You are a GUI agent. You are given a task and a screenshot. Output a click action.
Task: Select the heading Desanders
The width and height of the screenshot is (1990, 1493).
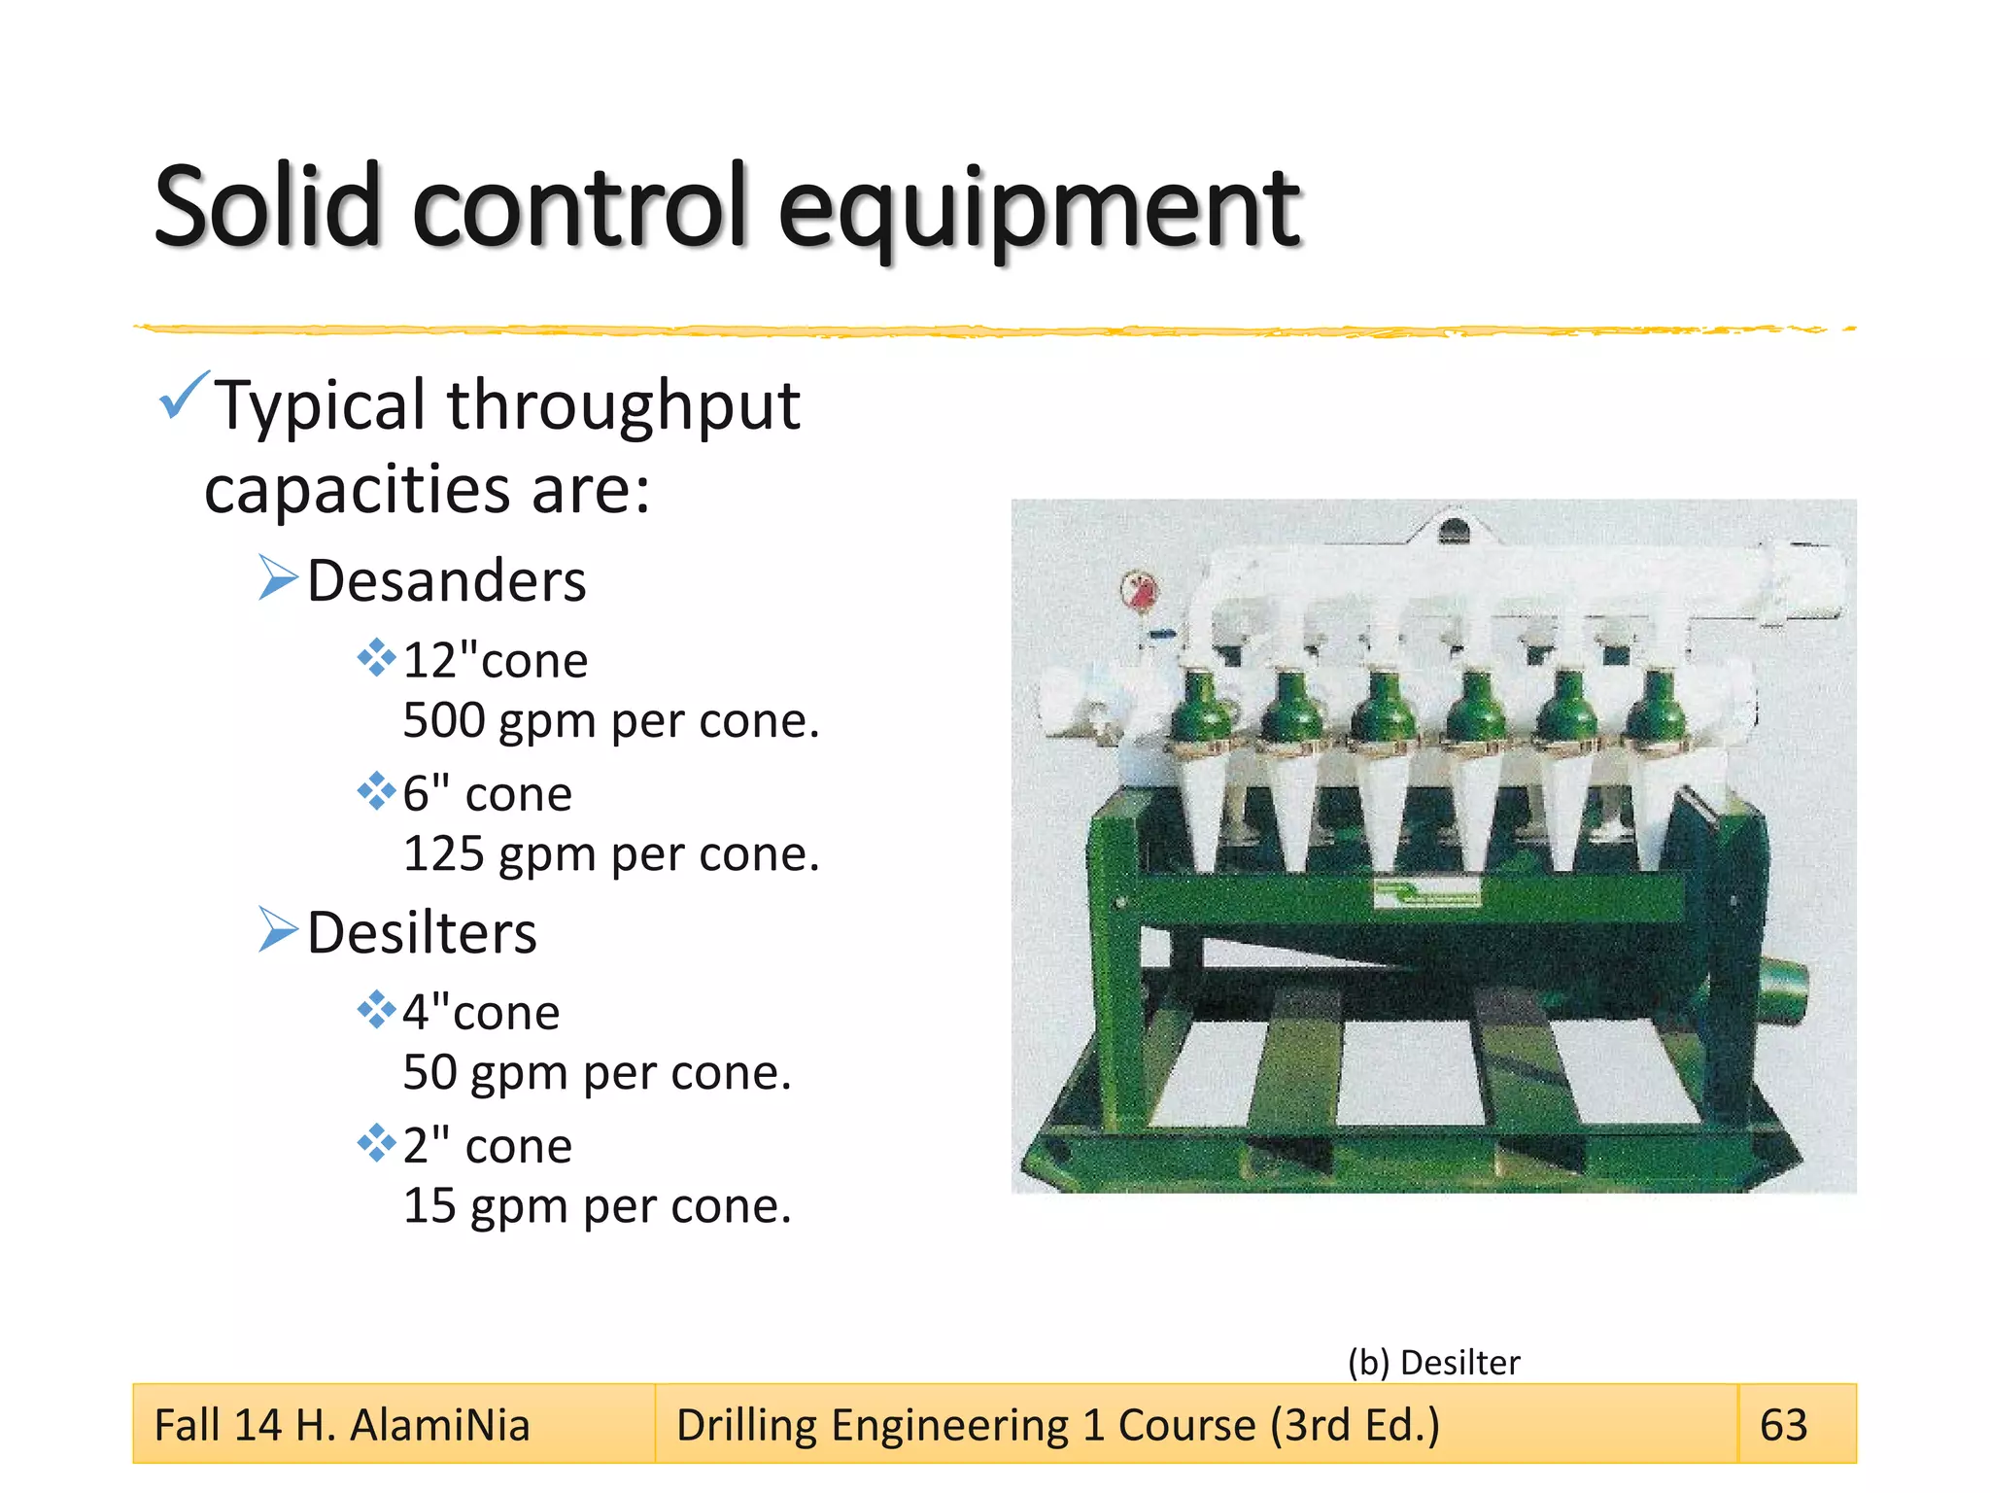coord(446,581)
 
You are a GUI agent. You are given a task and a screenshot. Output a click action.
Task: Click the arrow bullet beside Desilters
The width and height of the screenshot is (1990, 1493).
coord(278,930)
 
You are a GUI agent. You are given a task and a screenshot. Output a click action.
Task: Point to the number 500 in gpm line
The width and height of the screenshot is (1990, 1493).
coord(443,721)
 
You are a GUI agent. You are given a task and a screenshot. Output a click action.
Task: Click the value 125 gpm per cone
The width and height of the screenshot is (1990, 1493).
coord(610,854)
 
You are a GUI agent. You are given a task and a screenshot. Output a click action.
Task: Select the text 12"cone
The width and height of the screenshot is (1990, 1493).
coord(495,661)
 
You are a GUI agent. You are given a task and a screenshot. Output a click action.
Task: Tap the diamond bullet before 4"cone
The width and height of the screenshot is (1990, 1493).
coord(376,1011)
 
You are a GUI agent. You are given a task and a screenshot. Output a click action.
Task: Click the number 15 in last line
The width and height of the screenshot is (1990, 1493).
coord(429,1206)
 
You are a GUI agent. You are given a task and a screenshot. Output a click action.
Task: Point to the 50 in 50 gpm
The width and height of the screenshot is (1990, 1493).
coord(429,1073)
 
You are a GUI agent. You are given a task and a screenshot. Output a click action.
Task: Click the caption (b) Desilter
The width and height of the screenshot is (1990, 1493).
coord(1433,1362)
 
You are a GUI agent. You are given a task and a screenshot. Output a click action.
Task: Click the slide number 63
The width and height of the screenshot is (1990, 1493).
coord(1783,1425)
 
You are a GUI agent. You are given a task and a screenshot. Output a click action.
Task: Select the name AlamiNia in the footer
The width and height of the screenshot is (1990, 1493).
coord(439,1425)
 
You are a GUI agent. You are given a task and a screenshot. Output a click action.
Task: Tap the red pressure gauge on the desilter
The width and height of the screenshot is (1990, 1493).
coord(1140,589)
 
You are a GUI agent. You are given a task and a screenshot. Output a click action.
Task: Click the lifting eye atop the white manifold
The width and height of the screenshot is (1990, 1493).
coord(1453,530)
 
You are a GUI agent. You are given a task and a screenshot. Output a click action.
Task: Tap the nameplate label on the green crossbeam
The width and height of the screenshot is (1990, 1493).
coord(1426,893)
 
